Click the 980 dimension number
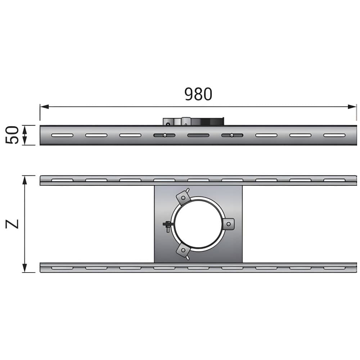click(198, 94)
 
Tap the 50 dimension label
click(12, 135)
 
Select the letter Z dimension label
click(12, 224)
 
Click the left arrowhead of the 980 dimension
click(45, 107)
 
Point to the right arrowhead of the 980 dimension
click(352, 107)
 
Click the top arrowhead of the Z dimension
click(24, 180)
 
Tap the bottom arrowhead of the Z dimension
click(24, 268)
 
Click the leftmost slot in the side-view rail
click(62, 135)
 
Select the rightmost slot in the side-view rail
click(334, 135)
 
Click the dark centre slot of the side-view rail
click(198, 135)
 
